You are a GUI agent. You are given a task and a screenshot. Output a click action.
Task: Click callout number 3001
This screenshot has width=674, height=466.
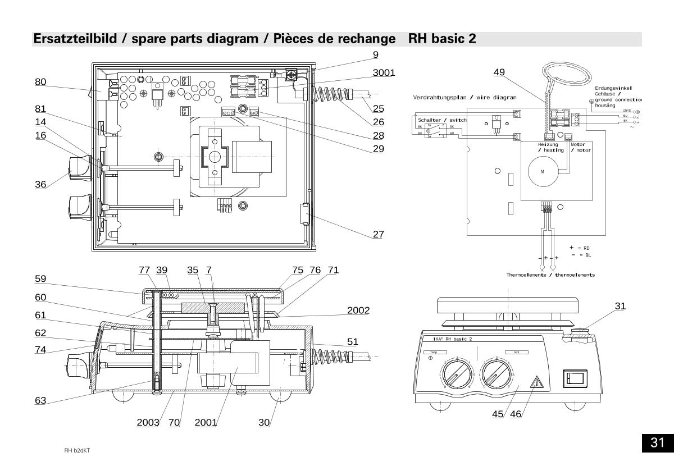coord(384,72)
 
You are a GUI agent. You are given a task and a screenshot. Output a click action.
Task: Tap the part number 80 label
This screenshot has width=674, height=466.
coord(40,82)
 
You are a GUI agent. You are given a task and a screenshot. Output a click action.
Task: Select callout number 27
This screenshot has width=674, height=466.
coord(379,234)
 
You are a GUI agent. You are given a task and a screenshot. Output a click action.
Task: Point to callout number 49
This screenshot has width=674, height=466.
coord(499,71)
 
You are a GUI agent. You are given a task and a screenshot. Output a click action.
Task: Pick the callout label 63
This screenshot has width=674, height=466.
coord(40,400)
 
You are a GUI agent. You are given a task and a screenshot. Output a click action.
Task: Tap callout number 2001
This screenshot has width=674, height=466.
coord(206,423)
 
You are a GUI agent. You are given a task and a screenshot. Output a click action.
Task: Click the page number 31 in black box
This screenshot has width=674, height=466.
coord(657,442)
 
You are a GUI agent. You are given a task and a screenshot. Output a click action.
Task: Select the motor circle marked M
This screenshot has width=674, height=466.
coord(543,172)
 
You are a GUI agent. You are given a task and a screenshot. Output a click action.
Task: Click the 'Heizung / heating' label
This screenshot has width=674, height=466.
coord(535,147)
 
